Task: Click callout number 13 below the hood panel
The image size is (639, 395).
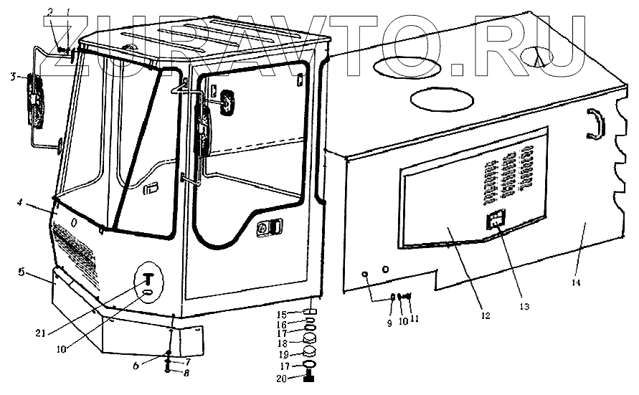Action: [525, 307]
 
